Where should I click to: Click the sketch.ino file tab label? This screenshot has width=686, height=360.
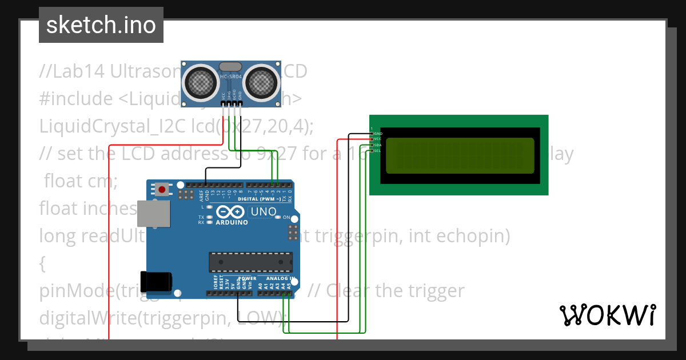click(x=101, y=25)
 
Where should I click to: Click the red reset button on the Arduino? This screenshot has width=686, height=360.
click(x=162, y=189)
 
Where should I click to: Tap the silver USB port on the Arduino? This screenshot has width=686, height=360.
click(x=154, y=213)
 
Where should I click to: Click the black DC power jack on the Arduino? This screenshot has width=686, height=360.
click(x=155, y=281)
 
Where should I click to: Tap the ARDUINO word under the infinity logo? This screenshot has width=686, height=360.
click(x=232, y=222)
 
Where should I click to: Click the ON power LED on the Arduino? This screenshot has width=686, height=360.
click(x=278, y=217)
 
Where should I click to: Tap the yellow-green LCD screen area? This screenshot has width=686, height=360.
click(x=460, y=155)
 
